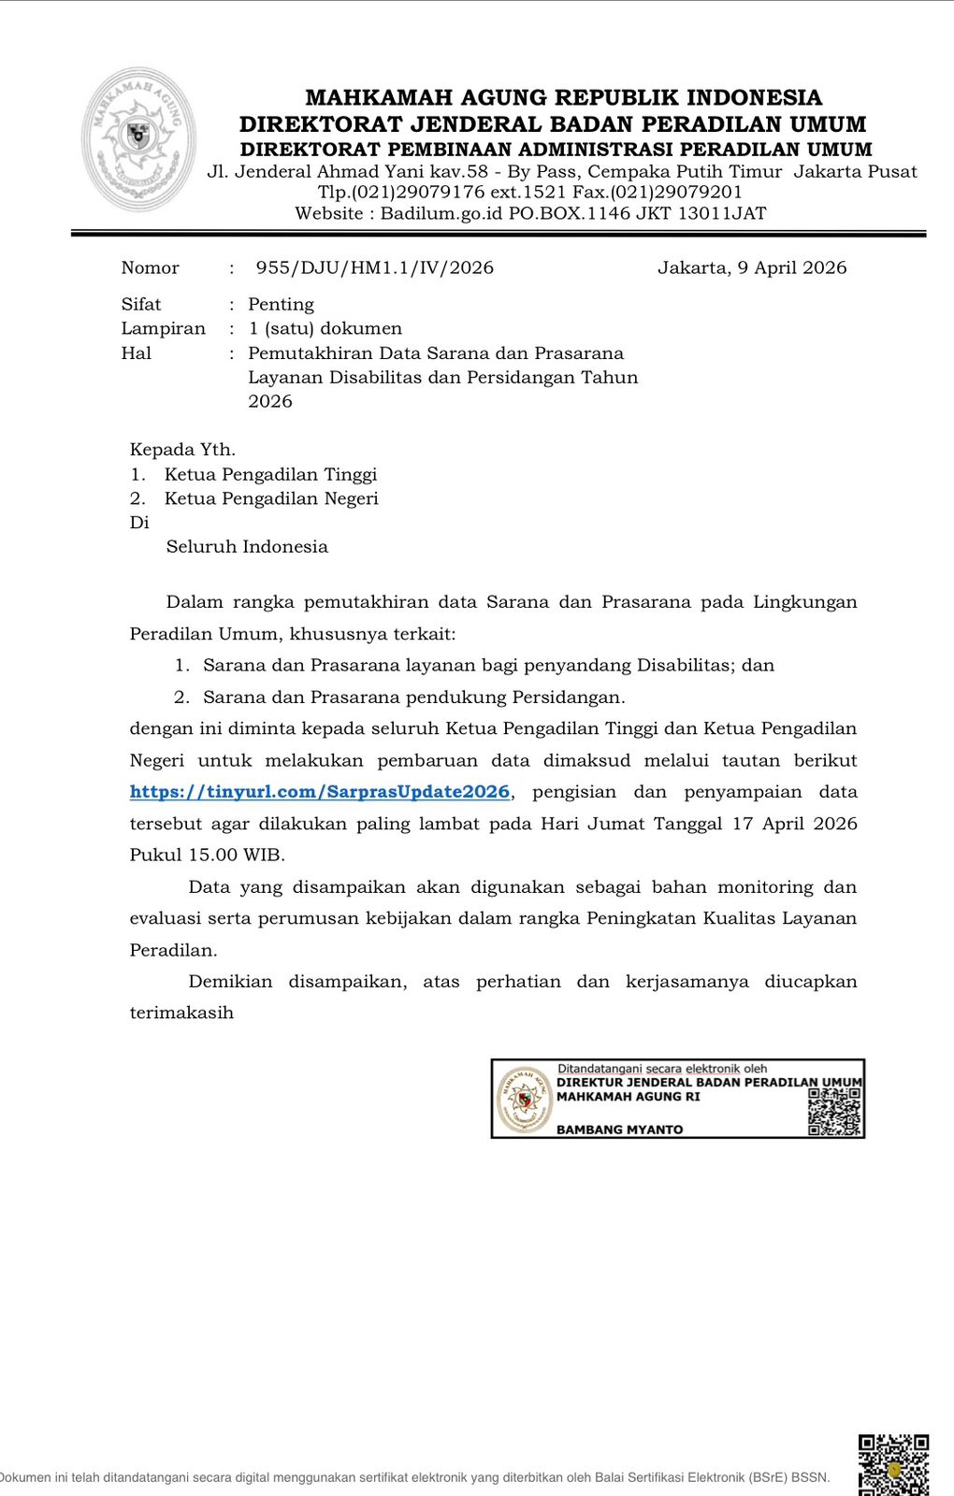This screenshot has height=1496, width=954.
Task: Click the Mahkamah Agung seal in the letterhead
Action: click(x=139, y=138)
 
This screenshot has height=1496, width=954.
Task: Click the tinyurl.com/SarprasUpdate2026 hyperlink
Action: click(x=321, y=792)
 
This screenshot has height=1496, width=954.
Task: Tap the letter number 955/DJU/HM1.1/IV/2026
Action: click(x=374, y=267)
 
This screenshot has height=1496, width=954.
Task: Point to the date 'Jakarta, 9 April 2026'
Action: click(x=752, y=267)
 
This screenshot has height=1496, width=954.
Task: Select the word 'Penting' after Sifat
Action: click(x=281, y=304)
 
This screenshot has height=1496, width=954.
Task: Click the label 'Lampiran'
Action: click(x=163, y=328)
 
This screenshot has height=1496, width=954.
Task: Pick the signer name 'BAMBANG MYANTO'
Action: click(x=619, y=1129)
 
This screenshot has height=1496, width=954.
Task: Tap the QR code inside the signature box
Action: click(x=834, y=1112)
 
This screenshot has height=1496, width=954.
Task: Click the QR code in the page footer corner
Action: click(x=893, y=1464)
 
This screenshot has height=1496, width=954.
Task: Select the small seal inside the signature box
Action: click(x=524, y=1100)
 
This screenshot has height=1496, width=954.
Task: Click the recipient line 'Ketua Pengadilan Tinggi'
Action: click(x=270, y=474)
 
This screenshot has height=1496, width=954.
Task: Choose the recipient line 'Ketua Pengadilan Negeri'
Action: click(x=271, y=498)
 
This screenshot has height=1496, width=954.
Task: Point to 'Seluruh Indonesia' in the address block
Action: click(x=247, y=547)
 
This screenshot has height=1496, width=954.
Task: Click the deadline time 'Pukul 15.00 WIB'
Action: click(x=207, y=855)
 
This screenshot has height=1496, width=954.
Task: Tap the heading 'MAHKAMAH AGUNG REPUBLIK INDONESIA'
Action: click(x=563, y=97)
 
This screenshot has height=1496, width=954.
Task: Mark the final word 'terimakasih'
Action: click(x=181, y=1013)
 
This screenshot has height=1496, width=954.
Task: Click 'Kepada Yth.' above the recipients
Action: click(x=182, y=450)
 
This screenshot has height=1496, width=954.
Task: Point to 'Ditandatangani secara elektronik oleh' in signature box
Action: click(x=662, y=1069)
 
